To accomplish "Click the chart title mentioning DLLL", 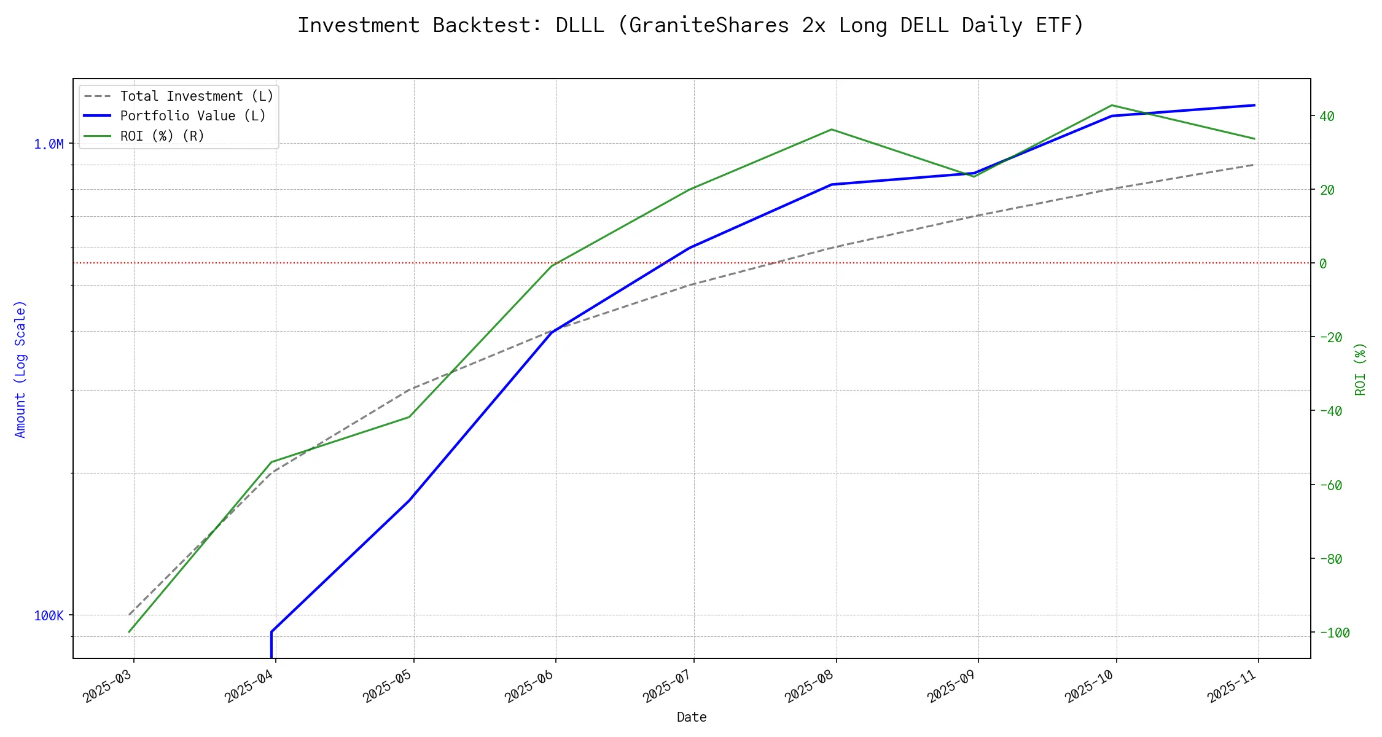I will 691,25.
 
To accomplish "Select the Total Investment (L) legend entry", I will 197,96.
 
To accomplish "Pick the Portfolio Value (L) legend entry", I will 193,116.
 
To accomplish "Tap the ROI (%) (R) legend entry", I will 162,136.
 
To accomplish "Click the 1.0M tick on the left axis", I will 49,144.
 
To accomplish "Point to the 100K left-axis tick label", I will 49,615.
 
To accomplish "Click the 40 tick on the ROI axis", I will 1327,116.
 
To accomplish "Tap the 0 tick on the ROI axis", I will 1323,263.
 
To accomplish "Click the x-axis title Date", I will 692,717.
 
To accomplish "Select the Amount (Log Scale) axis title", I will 20,369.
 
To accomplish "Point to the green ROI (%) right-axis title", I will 1361,369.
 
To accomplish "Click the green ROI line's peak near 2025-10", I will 1112,105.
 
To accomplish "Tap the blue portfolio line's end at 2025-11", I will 1254,105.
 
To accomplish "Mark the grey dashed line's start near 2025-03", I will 129,615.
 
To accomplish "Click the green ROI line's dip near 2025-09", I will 974,177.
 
